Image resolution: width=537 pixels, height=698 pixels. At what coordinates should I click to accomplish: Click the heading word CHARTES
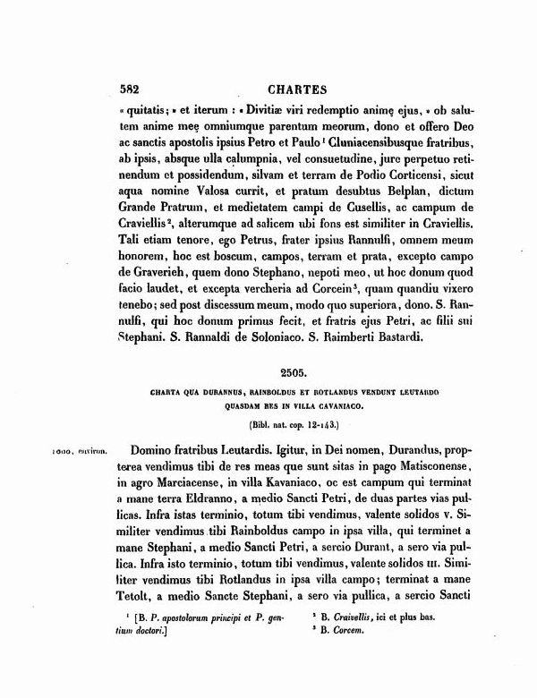click(x=298, y=89)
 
